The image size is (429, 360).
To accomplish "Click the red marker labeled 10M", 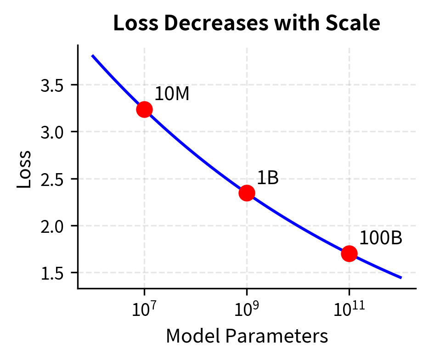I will [x=144, y=110].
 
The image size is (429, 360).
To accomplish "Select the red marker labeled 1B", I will [x=247, y=193].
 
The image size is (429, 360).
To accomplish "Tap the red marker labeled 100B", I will [x=349, y=253].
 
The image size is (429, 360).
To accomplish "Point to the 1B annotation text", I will [x=268, y=178].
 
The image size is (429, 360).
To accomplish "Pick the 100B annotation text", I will [x=380, y=238].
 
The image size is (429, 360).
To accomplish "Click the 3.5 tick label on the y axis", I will [x=51, y=85].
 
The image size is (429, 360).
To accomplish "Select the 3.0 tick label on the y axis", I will [x=51, y=132].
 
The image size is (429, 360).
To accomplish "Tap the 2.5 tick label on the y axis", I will [x=51, y=179].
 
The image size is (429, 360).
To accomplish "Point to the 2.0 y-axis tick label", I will [x=51, y=226].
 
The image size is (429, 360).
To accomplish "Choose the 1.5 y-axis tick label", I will [x=51, y=273].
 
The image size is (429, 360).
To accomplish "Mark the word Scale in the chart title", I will [x=356, y=23].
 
